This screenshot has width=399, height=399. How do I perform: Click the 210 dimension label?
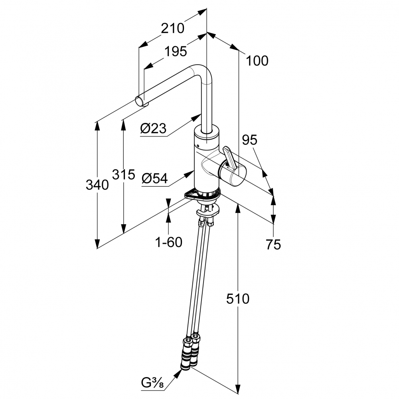pyautogui.click(x=172, y=28)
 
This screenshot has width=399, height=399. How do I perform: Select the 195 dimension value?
pyautogui.click(x=176, y=51)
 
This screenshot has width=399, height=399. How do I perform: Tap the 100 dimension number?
pyautogui.click(x=257, y=61)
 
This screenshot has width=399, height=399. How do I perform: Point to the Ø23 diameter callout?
pyautogui.click(x=153, y=128)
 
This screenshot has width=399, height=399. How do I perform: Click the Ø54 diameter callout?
pyautogui.click(x=154, y=179)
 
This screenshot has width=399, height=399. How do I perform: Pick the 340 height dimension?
pyautogui.click(x=97, y=185)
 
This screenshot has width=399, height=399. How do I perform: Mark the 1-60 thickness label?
pyautogui.click(x=168, y=242)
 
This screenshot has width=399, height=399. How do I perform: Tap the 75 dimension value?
pyautogui.click(x=273, y=245)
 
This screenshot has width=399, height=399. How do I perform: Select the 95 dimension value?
pyautogui.click(x=249, y=140)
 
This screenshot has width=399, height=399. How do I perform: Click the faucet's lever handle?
pyautogui.click(x=229, y=157)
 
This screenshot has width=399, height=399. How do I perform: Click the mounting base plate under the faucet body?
pyautogui.click(x=201, y=195)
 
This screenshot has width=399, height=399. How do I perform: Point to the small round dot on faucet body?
pyautogui.click(x=197, y=145)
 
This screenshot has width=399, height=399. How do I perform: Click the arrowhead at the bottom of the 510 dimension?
pyautogui.click(x=238, y=389)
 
